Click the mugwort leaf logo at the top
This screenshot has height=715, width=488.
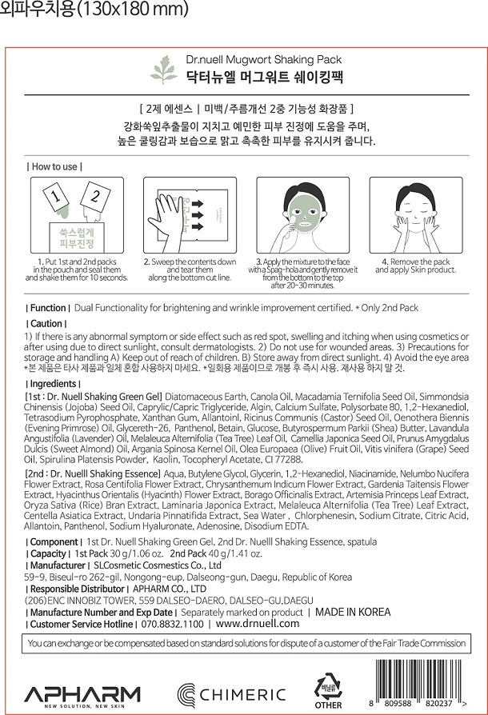click(164, 69)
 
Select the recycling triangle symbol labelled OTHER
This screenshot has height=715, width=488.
click(328, 688)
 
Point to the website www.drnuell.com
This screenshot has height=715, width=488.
click(258, 624)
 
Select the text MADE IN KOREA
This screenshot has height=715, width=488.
click(353, 612)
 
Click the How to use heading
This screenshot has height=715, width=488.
click(54, 166)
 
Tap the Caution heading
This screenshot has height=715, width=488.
click(46, 323)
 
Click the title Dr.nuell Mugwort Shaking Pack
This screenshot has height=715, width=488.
click(263, 59)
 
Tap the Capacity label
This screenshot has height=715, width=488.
click(49, 553)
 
